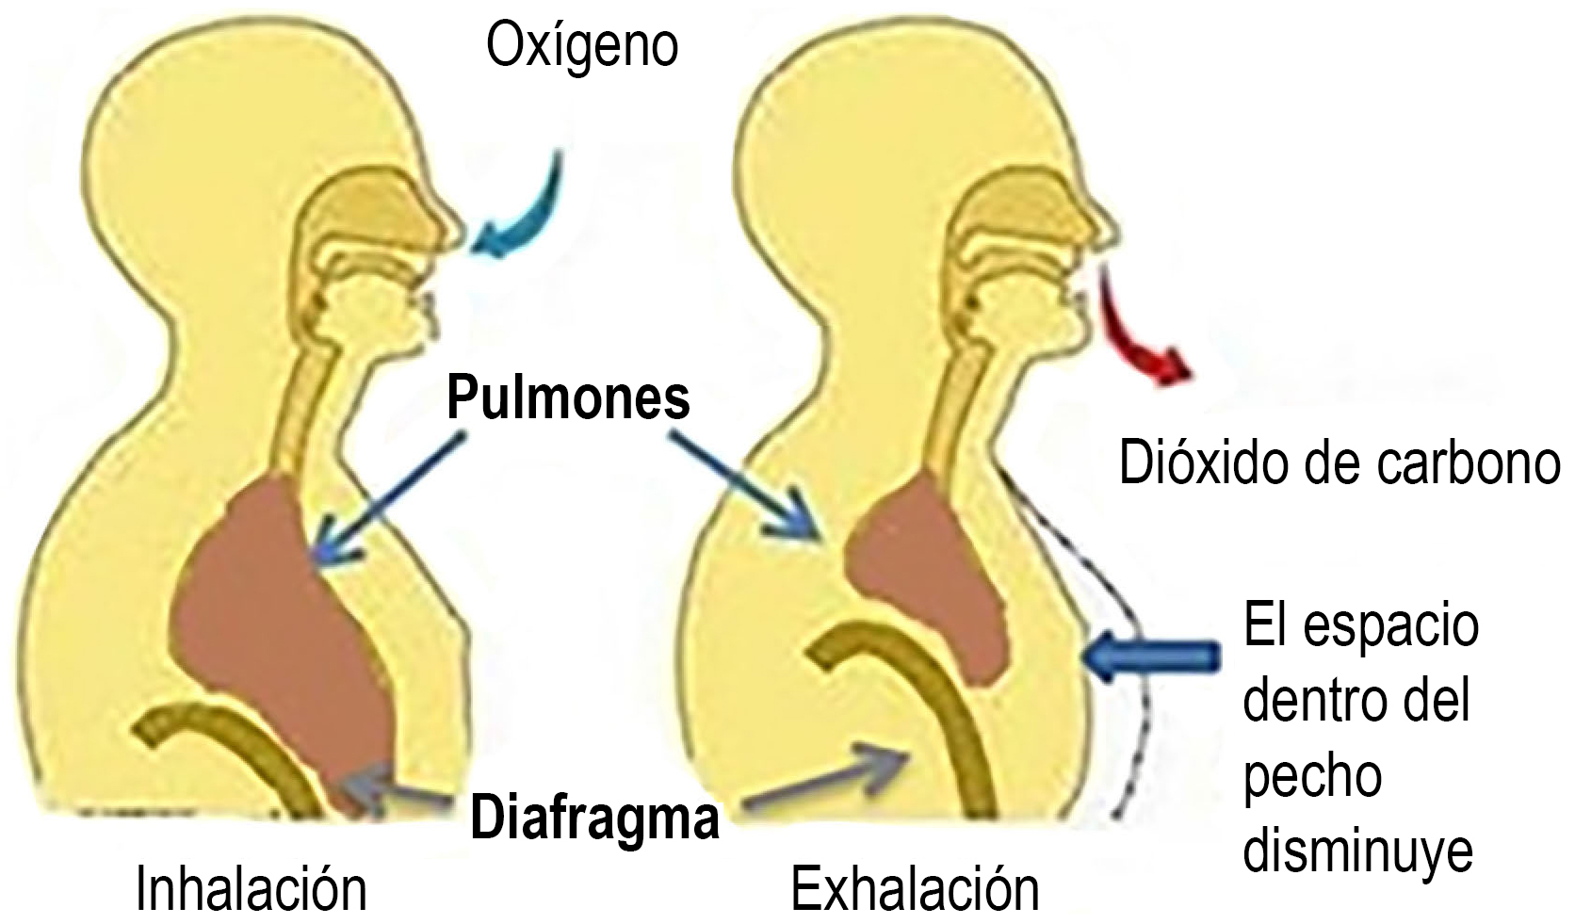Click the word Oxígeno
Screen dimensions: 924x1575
(x=581, y=46)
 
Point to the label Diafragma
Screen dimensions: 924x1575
(x=594, y=818)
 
